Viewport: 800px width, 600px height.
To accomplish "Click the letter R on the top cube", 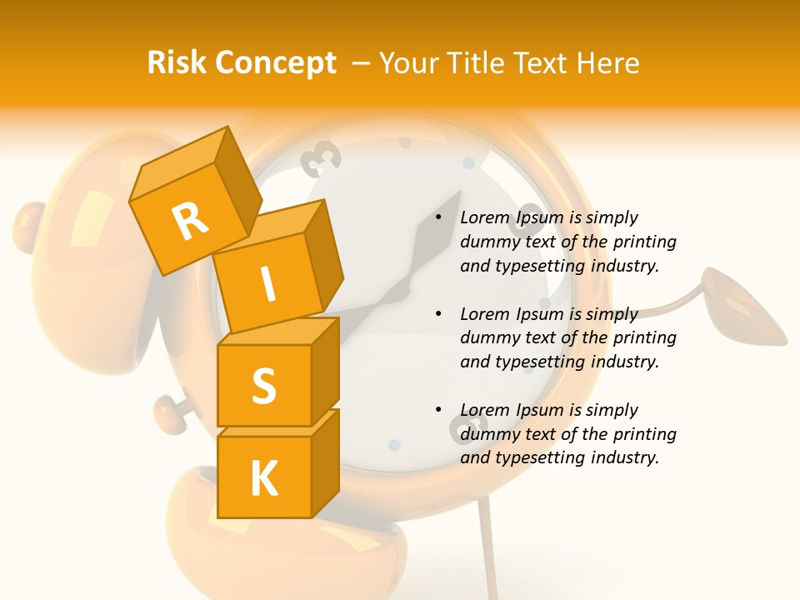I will point(190,221).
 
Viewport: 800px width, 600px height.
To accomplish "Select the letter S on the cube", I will point(263,386).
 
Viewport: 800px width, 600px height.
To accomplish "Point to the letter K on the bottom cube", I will point(263,478).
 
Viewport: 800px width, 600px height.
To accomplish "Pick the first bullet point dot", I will point(438,217).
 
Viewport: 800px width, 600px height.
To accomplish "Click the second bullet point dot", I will point(438,314).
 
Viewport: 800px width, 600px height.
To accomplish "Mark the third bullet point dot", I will point(438,410).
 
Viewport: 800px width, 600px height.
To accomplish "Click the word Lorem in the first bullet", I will point(485,217).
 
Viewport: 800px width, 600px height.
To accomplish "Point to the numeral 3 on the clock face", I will point(321,157).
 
